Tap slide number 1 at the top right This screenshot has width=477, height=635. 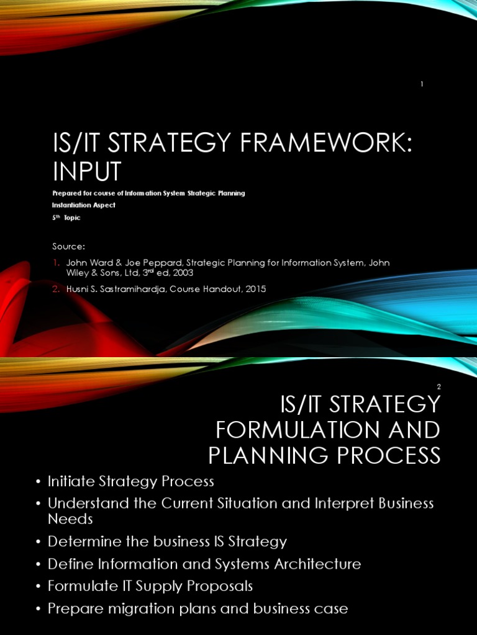[422, 84]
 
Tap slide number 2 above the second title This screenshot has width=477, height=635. [438, 386]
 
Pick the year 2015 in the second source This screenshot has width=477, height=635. [255, 289]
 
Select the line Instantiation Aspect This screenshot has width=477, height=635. [84, 205]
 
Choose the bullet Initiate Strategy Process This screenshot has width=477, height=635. [130, 481]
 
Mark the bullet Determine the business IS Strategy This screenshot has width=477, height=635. [167, 541]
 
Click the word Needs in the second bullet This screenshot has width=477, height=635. [70, 518]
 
